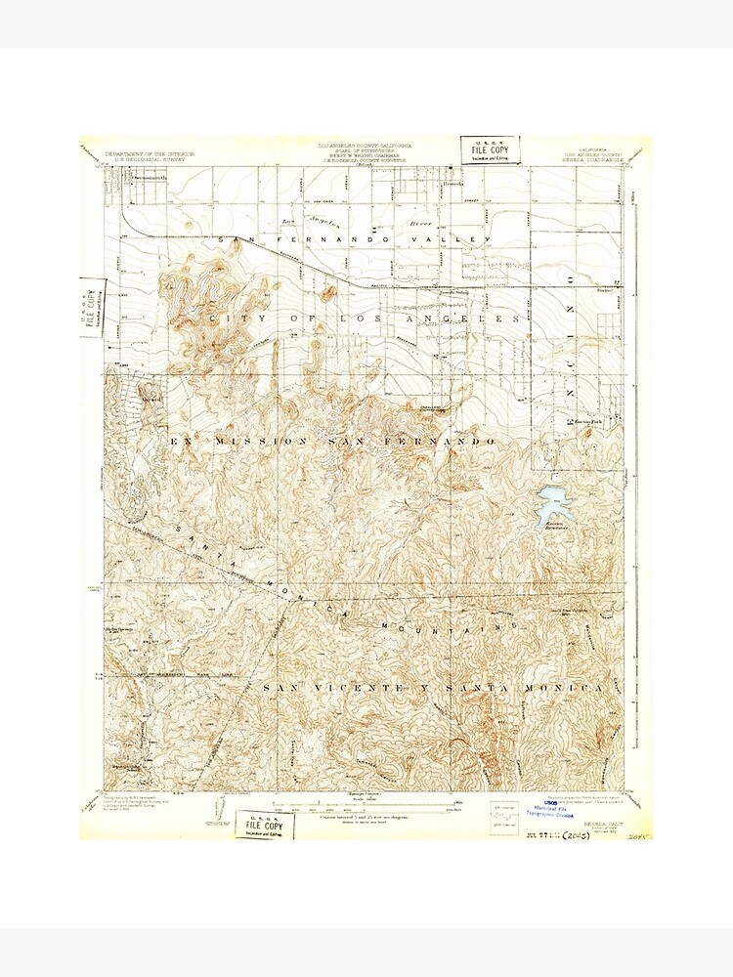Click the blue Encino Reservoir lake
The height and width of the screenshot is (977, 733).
tap(552, 505)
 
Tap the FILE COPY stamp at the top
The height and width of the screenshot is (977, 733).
tap(491, 149)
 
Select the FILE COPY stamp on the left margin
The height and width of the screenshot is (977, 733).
tap(92, 310)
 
